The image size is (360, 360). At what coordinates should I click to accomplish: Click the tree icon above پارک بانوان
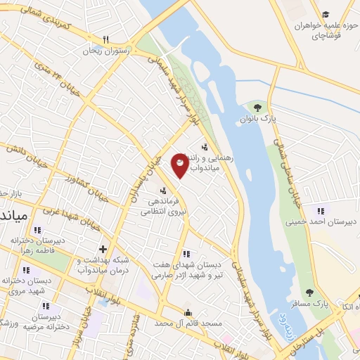(257, 108)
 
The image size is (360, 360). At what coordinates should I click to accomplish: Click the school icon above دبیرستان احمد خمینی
(321, 210)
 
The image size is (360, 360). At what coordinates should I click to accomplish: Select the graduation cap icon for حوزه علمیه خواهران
(326, 14)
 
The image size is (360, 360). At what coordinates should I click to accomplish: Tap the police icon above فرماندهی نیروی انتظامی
(163, 190)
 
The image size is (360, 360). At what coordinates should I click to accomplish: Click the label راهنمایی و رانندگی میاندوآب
(211, 164)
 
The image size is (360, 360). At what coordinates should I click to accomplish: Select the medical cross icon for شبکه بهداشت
(103, 248)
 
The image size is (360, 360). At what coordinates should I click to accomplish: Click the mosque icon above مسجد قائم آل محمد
(188, 312)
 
